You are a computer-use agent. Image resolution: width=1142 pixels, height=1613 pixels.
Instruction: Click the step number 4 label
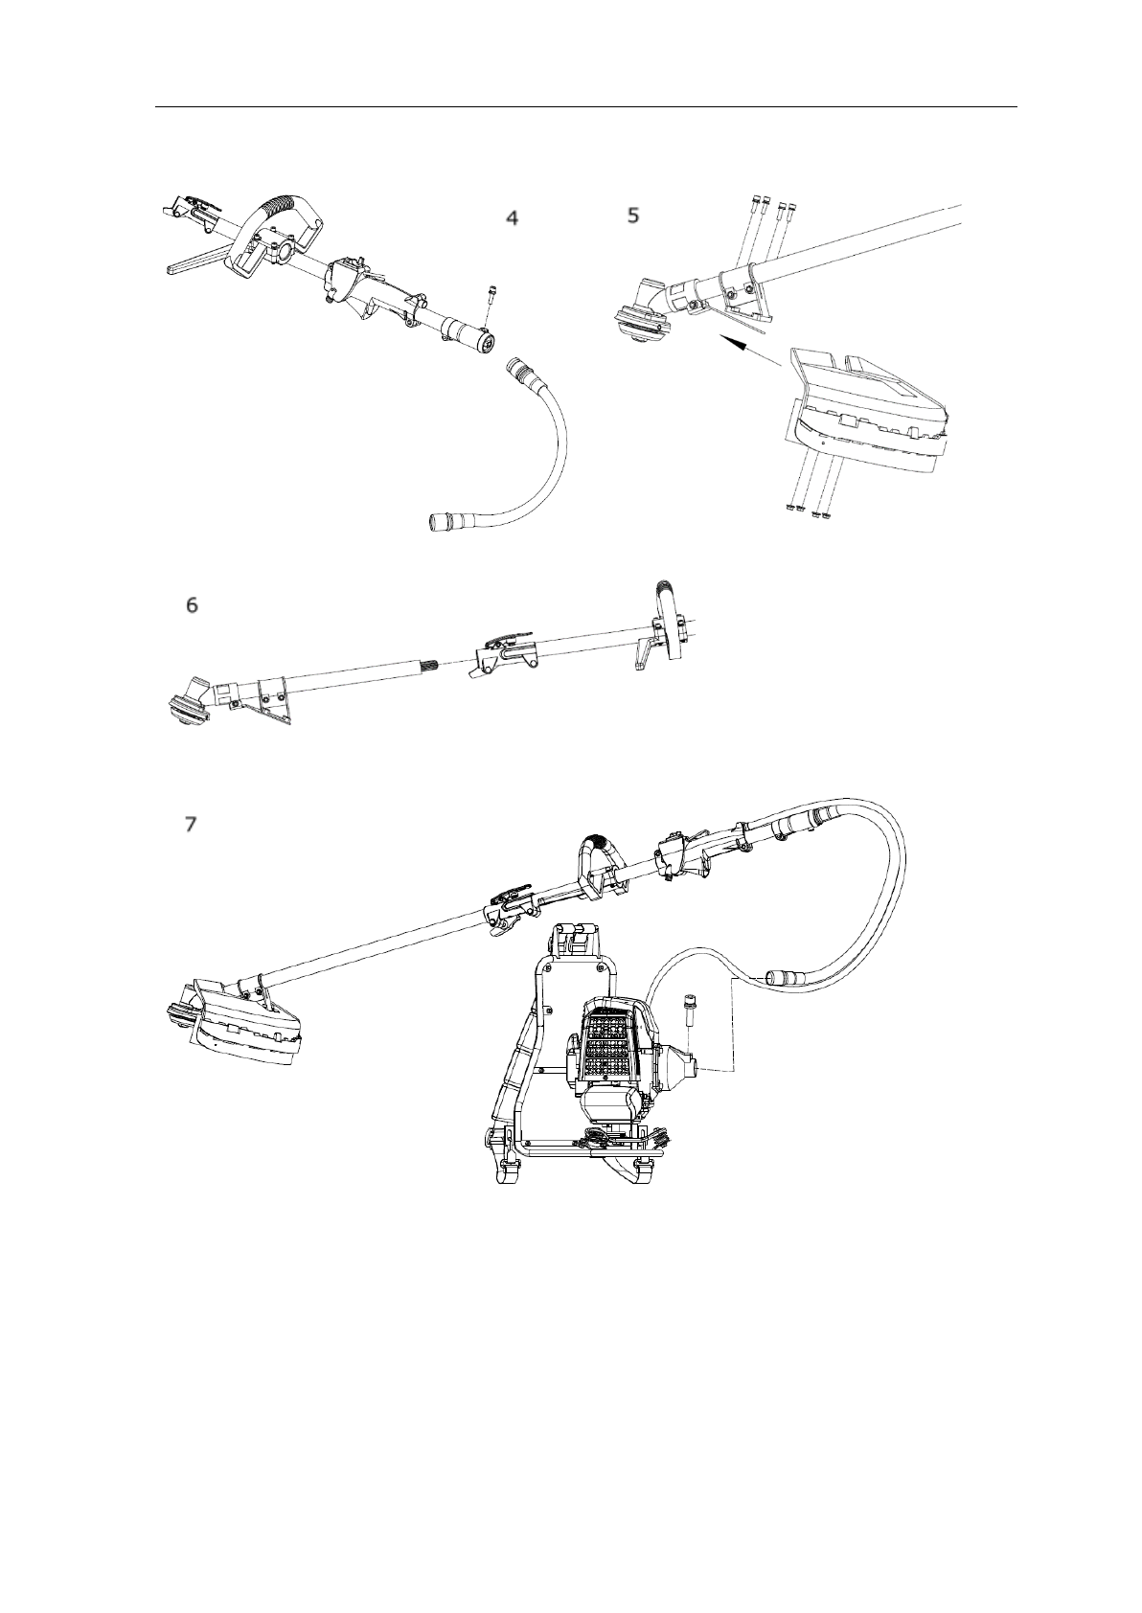coord(513,218)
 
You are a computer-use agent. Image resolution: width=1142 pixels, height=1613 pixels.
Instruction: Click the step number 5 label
coord(633,216)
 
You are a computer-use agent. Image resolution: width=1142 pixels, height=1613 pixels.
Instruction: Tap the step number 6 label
coord(193,605)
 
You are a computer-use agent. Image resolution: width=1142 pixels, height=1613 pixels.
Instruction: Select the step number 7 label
coord(192,824)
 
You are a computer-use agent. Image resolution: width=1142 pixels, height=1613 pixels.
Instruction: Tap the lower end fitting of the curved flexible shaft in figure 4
coord(444,521)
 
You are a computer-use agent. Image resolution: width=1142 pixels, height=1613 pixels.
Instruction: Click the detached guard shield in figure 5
coord(867,412)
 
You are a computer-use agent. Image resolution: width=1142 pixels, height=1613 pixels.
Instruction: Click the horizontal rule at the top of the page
coord(585,107)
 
